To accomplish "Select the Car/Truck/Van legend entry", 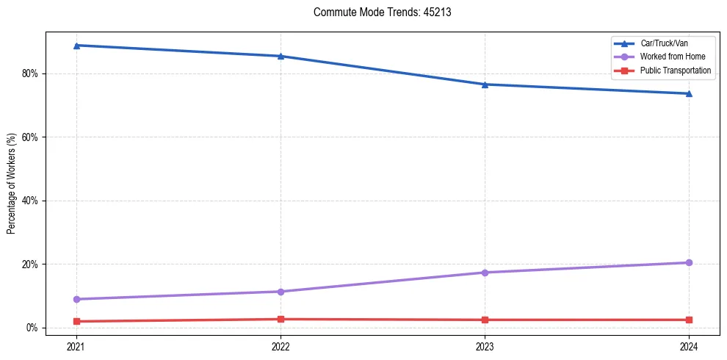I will coord(664,43).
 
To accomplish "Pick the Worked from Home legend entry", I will coord(672,57).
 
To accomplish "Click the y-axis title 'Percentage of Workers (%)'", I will coord(11,184).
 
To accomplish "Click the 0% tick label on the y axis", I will coord(32,328).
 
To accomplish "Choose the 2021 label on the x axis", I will coord(76,346).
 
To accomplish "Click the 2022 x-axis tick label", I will coord(281,346).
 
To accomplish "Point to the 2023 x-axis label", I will coord(485,346).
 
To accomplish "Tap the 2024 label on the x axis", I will coord(689,346).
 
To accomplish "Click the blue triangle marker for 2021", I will coord(76,46).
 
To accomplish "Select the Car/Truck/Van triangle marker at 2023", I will coord(485,84).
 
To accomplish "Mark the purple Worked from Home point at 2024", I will coord(689,262).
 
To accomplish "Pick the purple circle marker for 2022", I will coord(281,292).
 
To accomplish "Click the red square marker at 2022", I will coord(281,319).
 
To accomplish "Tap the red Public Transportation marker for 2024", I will coord(689,320).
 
